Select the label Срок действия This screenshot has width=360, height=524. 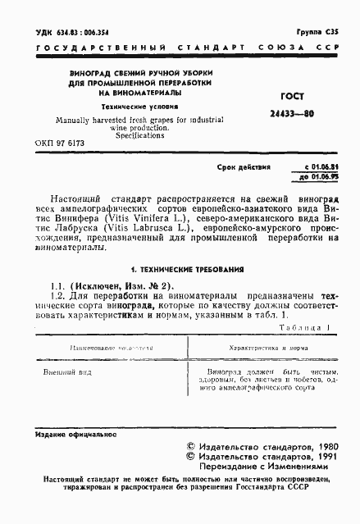click(x=244, y=166)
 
